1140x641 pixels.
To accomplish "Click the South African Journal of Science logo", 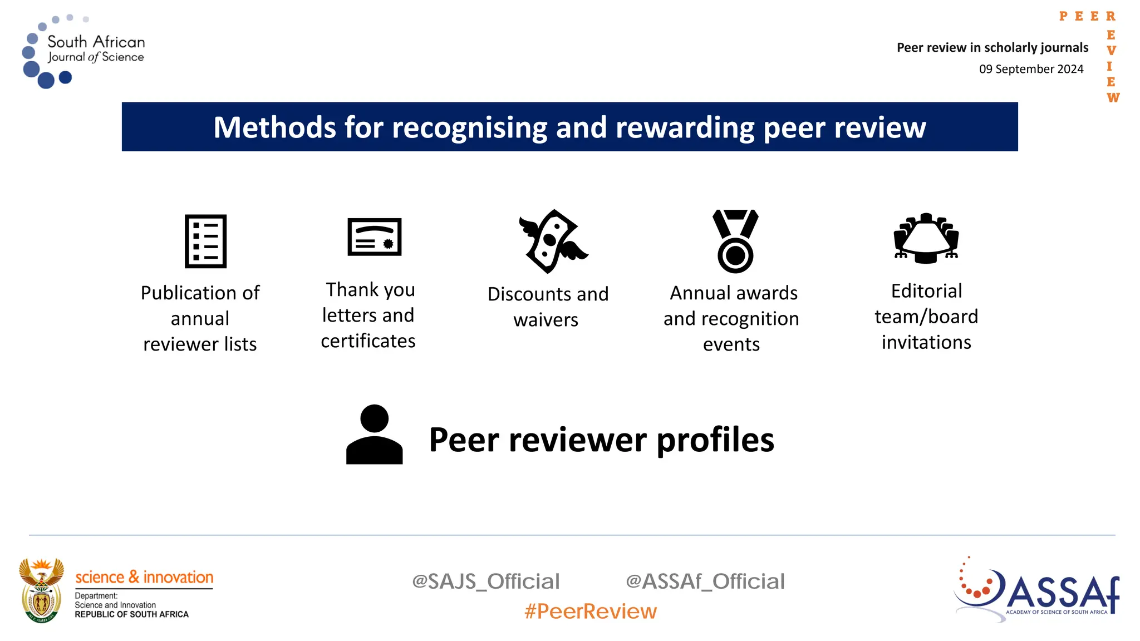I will coord(83,51).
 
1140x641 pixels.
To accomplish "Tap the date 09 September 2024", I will coord(1031,69).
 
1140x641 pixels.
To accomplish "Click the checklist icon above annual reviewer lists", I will coord(205,241).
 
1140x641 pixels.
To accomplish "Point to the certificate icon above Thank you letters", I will coord(374,237).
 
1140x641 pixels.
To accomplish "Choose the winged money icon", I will coord(552,241).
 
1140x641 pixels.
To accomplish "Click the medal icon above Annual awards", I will coord(735,241).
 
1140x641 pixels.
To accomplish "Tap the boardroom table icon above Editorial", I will coord(926,238).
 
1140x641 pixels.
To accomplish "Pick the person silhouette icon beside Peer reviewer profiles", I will coord(374,435).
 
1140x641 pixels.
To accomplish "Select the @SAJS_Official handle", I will coord(485,581).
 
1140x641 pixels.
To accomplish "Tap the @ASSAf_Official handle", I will coord(705,581).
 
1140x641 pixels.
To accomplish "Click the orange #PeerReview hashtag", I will coord(590,612).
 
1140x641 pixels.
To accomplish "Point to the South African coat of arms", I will coord(41,590).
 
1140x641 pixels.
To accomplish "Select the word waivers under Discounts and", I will coord(546,320).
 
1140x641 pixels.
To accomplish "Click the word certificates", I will coord(368,341).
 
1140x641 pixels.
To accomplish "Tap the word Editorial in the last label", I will coord(926,291).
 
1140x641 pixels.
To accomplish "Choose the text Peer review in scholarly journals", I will coord(992,48).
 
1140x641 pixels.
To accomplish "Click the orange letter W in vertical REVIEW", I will coord(1113,98).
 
